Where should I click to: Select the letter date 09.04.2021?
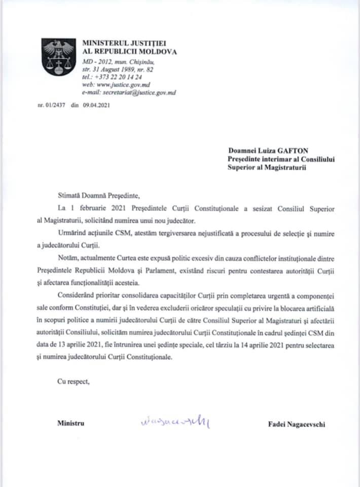96,106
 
